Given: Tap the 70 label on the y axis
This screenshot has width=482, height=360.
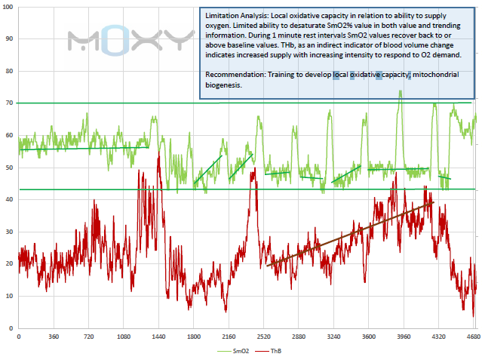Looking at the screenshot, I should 10,103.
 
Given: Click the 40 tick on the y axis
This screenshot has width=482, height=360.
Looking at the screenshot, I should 10,199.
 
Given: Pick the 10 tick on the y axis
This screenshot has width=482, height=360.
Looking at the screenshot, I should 10,296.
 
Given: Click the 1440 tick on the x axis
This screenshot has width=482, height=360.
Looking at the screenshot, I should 158,336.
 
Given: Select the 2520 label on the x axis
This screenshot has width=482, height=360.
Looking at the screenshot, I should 263,336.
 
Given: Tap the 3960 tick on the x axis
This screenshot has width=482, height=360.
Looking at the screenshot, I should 404,336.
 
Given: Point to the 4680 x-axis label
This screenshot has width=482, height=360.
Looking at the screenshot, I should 473,336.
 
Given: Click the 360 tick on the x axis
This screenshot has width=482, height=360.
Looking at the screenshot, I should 53,336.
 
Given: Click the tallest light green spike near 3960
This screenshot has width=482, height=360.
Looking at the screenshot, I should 400,92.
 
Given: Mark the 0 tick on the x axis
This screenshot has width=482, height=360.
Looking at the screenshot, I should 18,336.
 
